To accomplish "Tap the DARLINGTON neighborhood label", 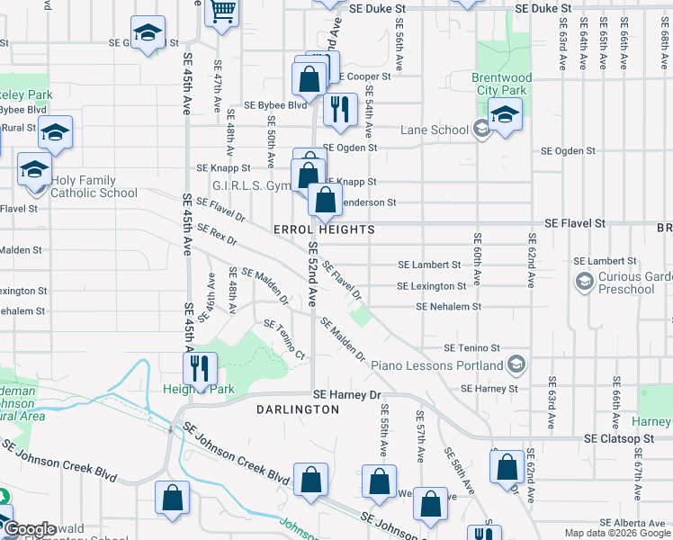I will [x=298, y=409].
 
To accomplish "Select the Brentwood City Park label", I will [x=502, y=85].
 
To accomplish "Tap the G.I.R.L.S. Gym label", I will [x=251, y=185].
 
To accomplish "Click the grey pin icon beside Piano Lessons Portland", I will [x=516, y=365].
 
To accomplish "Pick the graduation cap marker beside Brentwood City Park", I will [x=505, y=114].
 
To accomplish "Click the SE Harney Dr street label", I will [x=347, y=394].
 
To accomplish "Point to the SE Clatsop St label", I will [x=617, y=439].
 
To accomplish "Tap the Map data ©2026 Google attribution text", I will [x=617, y=533].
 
